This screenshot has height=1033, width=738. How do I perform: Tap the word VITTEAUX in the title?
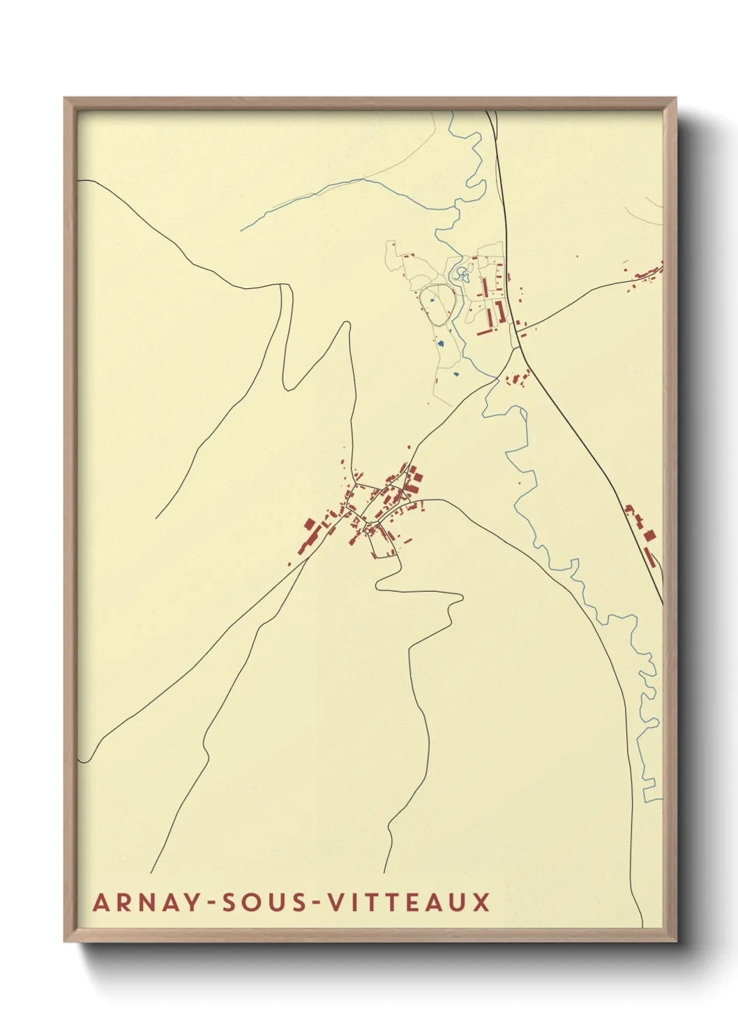[x=409, y=902]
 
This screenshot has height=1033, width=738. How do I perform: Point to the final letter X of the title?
[x=480, y=902]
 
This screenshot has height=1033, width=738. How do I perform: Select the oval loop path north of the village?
[x=437, y=304]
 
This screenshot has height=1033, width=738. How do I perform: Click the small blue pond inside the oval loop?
[x=432, y=301]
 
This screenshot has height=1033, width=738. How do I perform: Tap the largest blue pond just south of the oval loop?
[x=442, y=343]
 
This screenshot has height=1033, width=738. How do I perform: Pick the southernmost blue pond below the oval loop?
[x=455, y=374]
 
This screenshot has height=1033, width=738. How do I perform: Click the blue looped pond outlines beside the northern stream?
[x=461, y=273]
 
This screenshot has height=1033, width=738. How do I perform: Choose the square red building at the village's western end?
[x=308, y=523]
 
